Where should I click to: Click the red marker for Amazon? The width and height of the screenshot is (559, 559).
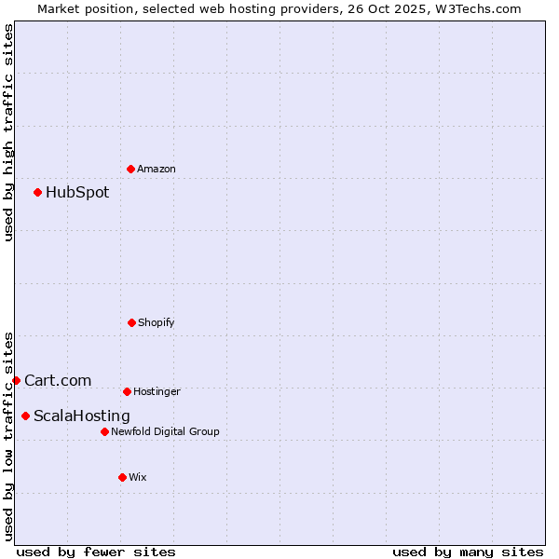(130, 169)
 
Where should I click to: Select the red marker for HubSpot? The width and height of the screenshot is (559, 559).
(38, 193)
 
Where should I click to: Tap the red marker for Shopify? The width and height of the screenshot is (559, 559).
(131, 322)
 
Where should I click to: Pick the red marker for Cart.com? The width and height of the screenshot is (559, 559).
(16, 380)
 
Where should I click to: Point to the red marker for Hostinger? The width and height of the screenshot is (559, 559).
(127, 391)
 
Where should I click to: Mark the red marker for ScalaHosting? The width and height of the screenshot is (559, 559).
(25, 416)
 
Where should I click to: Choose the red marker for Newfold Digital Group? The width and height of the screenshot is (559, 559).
(104, 431)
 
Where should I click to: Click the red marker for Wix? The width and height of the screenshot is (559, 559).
(122, 477)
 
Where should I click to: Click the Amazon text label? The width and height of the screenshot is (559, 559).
(157, 170)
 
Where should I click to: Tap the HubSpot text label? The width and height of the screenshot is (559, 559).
(77, 193)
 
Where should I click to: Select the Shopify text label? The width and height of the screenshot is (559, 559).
(157, 323)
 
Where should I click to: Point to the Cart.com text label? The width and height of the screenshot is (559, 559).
(58, 380)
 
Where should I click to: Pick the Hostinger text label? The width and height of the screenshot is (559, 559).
(157, 392)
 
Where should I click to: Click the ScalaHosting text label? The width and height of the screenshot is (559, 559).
(82, 416)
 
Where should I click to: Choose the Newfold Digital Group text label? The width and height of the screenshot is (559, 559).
(165, 432)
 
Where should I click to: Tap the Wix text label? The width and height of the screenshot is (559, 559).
(138, 478)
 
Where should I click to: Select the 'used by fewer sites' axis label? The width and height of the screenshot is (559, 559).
(96, 552)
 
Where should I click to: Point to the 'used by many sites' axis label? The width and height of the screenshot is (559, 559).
(468, 552)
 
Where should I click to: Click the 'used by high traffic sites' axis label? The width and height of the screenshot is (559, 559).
(8, 132)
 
